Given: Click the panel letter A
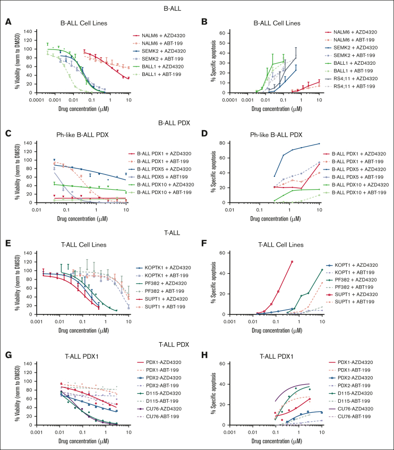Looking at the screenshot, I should click(x=8, y=22).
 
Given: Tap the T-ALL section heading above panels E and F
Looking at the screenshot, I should click(x=197, y=231).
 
